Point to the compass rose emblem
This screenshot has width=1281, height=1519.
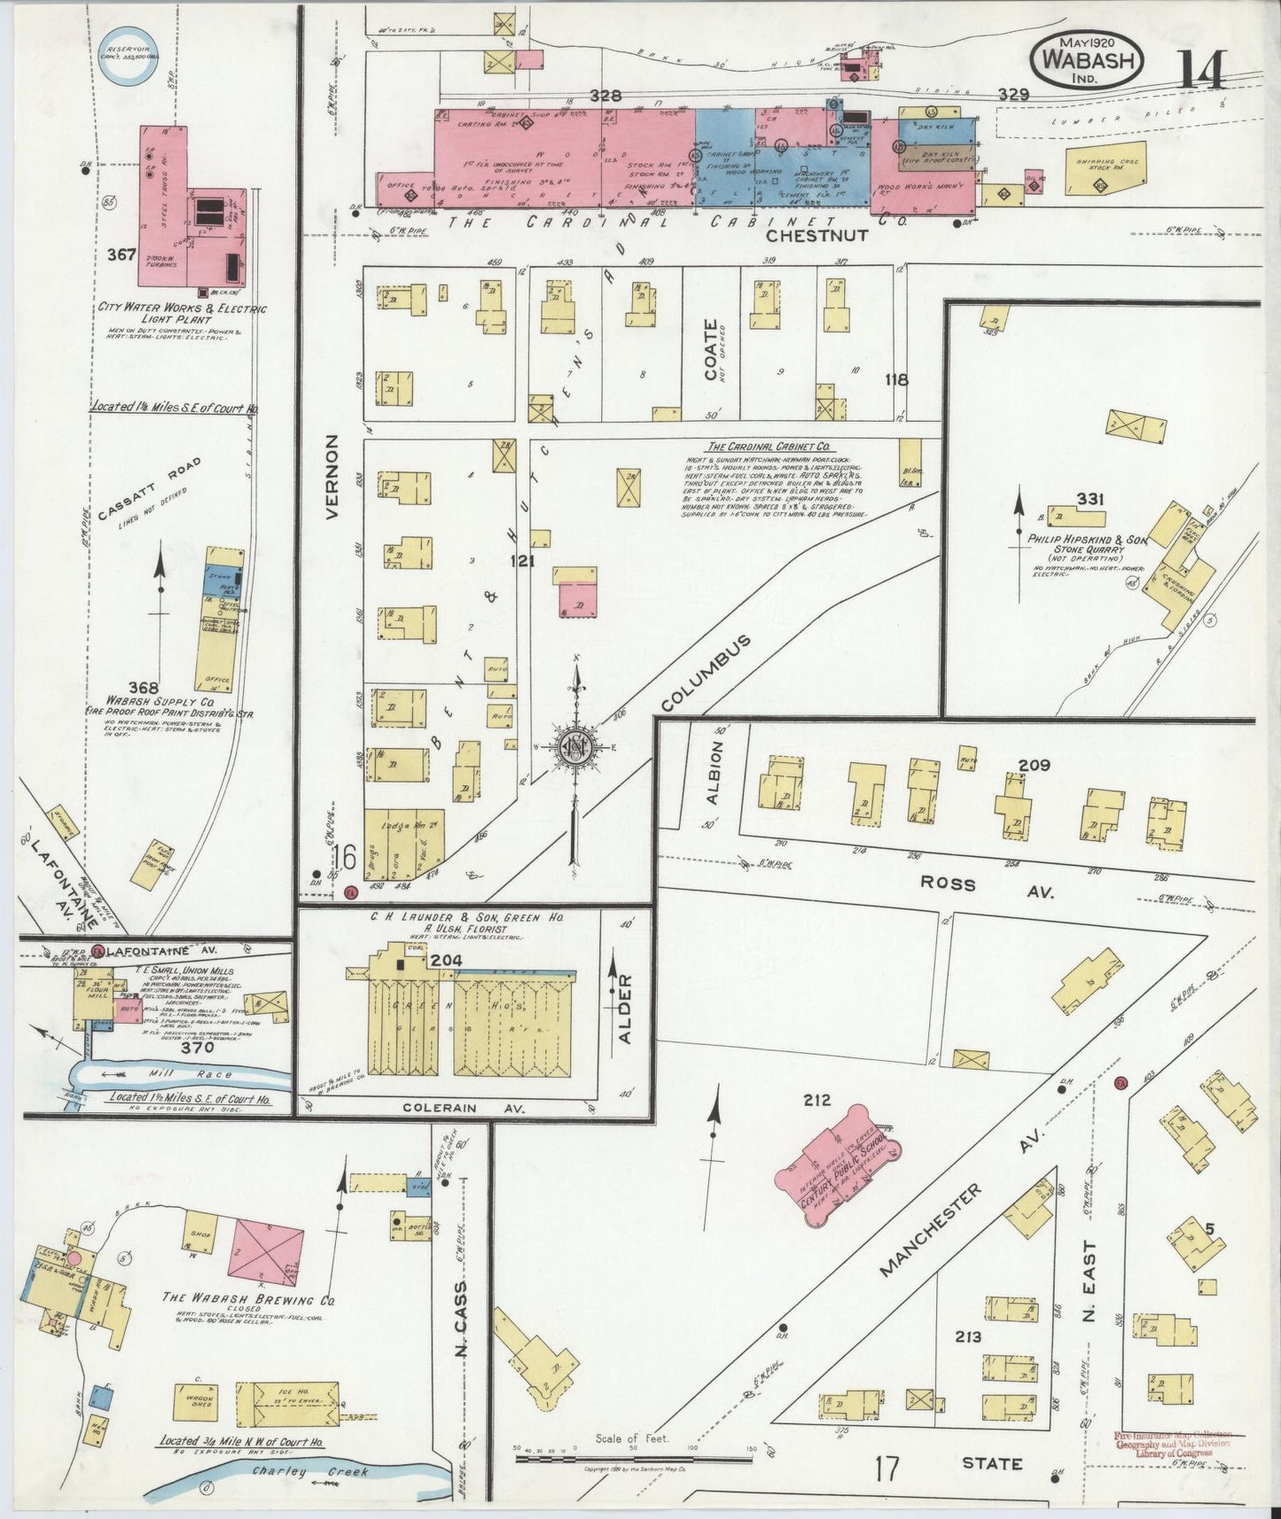[573, 750]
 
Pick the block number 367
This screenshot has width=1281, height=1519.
[121, 255]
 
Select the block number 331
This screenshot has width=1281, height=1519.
[1090, 500]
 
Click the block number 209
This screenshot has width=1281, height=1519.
[1034, 765]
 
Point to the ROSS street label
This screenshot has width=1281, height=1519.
[948, 884]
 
